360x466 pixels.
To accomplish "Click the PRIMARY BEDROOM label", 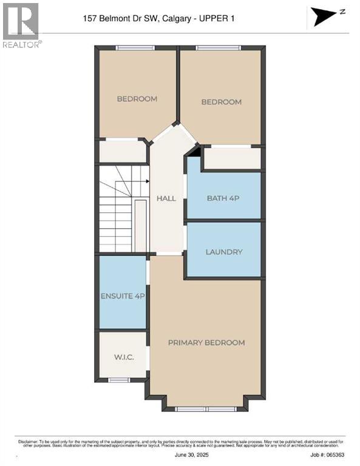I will click(x=206, y=342).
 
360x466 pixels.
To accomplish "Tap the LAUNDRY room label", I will click(x=224, y=252).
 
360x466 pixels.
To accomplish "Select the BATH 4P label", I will click(x=224, y=198).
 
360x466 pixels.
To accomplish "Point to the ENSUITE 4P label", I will click(x=123, y=296).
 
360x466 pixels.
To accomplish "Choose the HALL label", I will click(x=166, y=198).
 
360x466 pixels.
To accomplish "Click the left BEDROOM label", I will click(x=137, y=99).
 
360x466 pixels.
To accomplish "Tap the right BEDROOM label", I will click(x=221, y=102).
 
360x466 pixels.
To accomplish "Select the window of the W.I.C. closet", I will click(x=119, y=380).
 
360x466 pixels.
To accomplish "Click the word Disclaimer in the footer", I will click(x=27, y=438).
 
